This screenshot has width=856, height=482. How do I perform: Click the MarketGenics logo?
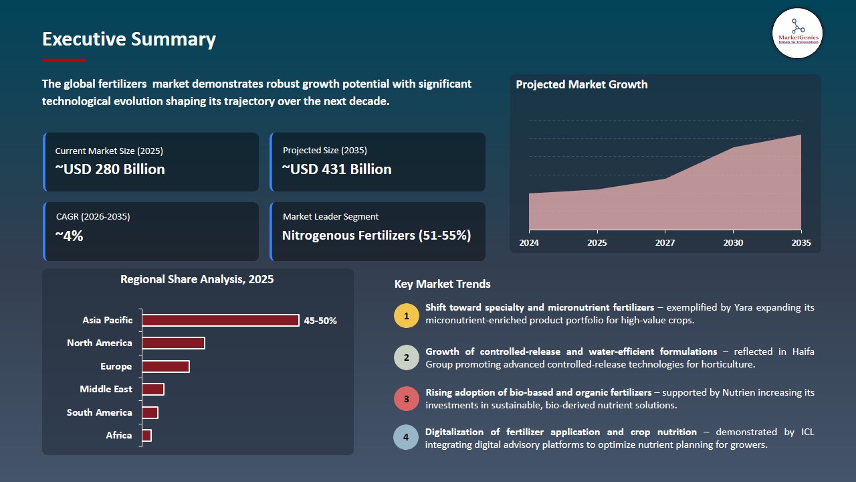(797, 33)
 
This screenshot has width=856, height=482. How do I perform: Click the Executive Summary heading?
(129, 39)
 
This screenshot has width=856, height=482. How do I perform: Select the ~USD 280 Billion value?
(110, 169)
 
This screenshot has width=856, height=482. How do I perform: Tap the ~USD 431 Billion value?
(337, 169)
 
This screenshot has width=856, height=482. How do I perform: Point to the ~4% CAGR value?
(69, 236)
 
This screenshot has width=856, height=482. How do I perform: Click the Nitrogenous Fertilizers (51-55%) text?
(377, 236)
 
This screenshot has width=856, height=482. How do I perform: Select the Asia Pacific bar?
(220, 320)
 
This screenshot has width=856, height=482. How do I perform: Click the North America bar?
(173, 343)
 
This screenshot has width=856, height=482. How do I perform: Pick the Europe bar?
(165, 366)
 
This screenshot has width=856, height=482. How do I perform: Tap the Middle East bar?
(152, 389)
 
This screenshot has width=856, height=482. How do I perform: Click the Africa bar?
(146, 435)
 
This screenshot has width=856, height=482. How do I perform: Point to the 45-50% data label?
(320, 321)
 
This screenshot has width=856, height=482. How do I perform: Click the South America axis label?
(100, 412)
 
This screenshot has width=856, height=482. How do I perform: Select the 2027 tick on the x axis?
(665, 242)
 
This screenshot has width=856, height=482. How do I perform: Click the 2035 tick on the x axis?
(800, 242)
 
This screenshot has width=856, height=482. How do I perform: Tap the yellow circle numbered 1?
(406, 315)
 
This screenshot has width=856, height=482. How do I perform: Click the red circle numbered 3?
(406, 399)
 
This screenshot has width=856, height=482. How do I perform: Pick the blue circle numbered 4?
(406, 438)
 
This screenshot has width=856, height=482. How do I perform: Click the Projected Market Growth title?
(581, 84)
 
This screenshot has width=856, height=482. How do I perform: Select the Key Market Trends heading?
(442, 284)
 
